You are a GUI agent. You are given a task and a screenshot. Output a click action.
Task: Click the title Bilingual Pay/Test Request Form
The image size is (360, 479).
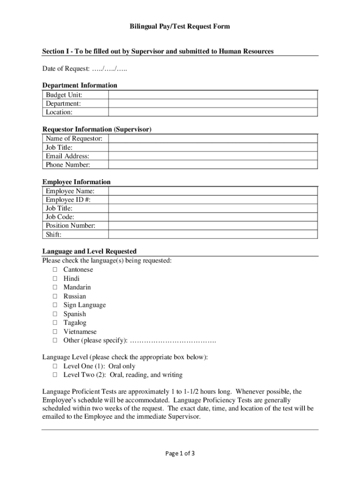tap(180, 27)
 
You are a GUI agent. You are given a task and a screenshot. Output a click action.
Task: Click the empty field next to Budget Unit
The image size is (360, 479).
tap(213, 95)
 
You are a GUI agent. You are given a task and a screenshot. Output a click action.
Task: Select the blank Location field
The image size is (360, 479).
tap(213, 112)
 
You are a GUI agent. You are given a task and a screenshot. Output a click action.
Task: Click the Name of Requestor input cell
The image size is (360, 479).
tap(213, 138)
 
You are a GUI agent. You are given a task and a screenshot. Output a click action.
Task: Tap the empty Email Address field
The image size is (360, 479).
tap(213, 156)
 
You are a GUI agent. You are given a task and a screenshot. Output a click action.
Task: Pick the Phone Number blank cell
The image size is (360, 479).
tap(213, 165)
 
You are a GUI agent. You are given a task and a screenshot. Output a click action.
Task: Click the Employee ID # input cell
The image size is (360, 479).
tap(213, 200)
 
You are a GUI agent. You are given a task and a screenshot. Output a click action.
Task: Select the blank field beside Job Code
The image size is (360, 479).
tap(213, 217)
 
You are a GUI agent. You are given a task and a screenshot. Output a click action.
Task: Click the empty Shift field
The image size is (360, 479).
tap(213, 235)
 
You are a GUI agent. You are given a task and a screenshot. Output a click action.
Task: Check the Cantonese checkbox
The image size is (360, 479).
tap(55, 270)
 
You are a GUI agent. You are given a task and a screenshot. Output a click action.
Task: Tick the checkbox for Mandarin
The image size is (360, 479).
tap(55, 288)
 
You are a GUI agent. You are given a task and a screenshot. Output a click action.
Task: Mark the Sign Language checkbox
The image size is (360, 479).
tap(55, 305)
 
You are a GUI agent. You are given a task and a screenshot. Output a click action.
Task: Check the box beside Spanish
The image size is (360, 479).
tap(55, 314)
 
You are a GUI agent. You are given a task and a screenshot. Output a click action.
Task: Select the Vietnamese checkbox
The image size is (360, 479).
tap(55, 332)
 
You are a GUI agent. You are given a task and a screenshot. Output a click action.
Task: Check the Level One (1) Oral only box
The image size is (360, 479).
tap(55, 366)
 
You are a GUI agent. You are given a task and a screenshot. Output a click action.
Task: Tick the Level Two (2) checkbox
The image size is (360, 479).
tap(55, 375)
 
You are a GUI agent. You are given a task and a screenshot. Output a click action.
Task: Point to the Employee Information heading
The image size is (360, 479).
tap(77, 182)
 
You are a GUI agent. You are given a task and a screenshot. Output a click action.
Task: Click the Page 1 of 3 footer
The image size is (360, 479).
tap(180, 453)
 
